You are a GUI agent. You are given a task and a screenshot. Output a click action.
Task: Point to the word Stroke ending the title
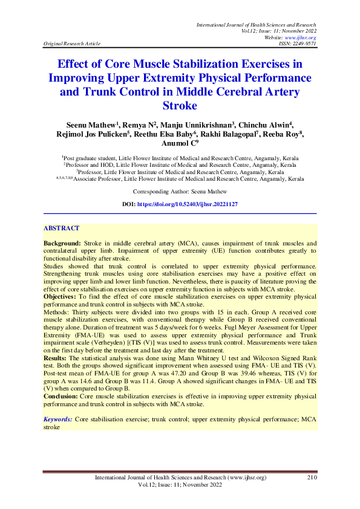coord(180,106)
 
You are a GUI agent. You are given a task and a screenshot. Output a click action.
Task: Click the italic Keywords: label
coord(59,419)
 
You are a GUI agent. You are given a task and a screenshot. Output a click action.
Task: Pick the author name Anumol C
coord(178,143)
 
